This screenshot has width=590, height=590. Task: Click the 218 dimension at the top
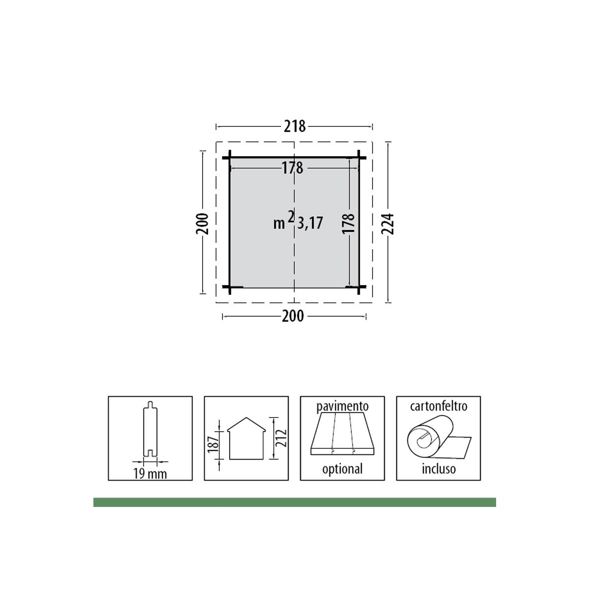pos(295,126)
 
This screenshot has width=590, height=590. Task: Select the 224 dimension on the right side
pos(387,224)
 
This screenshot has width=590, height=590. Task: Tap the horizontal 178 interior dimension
pos(293,168)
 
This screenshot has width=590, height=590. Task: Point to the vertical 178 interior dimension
pos(348,223)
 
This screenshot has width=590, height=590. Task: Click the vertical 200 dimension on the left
pos(202,224)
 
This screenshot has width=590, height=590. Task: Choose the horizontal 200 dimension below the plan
pos(293,316)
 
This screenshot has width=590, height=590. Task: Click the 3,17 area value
pos(310,223)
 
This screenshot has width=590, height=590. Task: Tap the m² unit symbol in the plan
pos(284,220)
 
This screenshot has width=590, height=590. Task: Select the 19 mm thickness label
pos(150,474)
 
